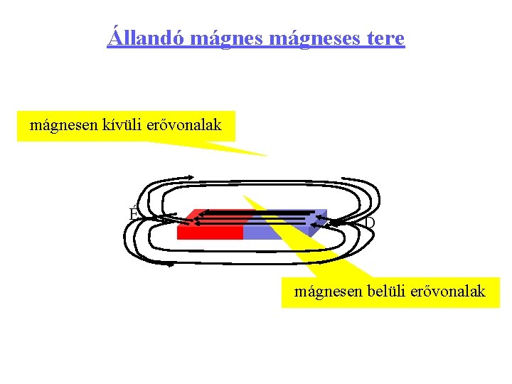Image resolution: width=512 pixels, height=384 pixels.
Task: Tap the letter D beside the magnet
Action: [x=369, y=223]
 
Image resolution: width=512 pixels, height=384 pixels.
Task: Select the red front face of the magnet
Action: [x=209, y=232]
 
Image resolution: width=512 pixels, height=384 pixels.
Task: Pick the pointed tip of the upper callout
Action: [x=265, y=155]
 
